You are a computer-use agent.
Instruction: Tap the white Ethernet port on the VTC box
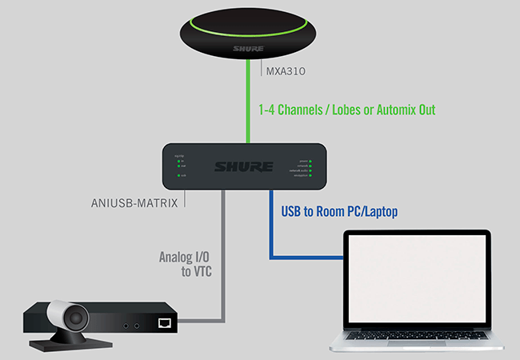pos(165,322)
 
